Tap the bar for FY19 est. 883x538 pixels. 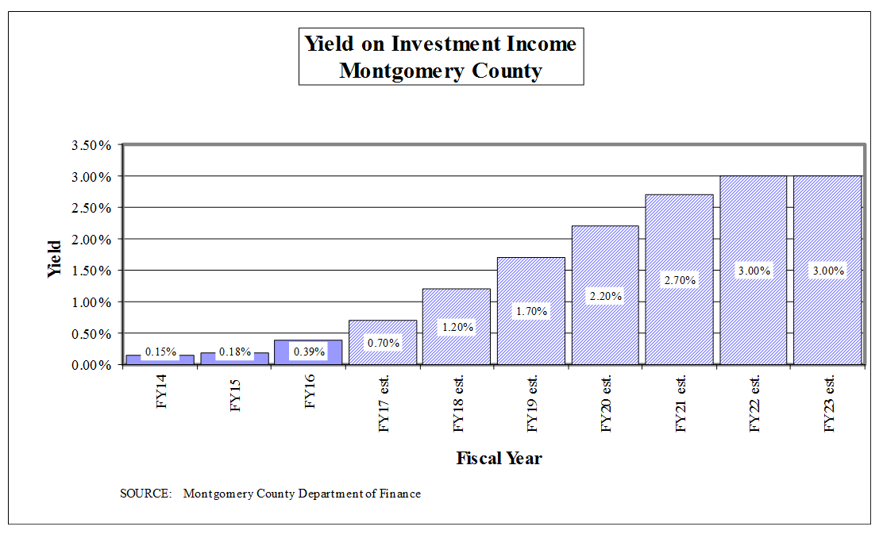(530, 286)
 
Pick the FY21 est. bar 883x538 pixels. (679, 238)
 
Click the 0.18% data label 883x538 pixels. (235, 352)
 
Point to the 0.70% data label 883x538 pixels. (383, 344)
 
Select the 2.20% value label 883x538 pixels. (605, 296)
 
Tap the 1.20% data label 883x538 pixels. (457, 327)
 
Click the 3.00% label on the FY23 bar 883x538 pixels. (827, 271)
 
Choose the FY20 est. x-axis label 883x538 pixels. (607, 402)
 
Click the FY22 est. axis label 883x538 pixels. (755, 402)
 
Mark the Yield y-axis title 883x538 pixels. (55, 259)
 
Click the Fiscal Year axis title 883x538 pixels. (499, 458)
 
